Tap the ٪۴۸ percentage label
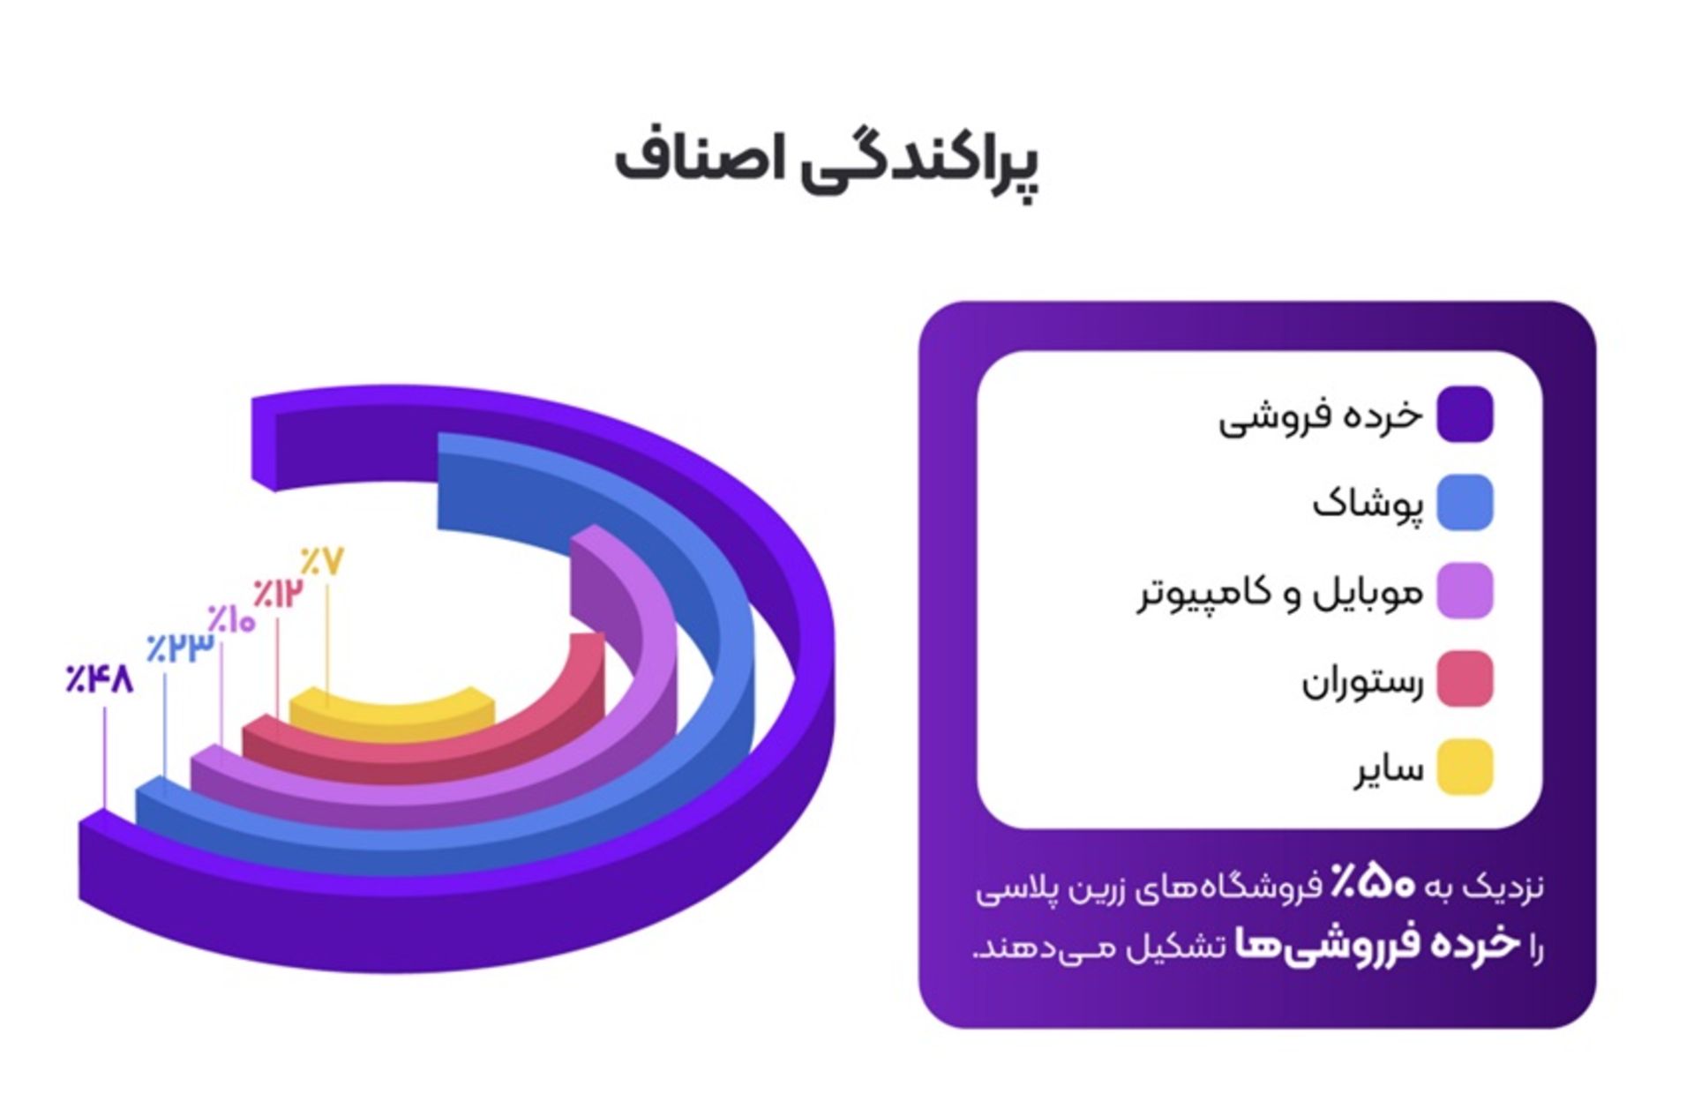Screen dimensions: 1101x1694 [x=100, y=679]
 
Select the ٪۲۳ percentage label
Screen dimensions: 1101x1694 [x=181, y=648]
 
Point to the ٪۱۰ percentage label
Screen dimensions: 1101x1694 [x=231, y=619]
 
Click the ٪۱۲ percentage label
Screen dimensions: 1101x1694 [x=277, y=592]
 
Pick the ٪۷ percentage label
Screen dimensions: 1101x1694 [x=322, y=562]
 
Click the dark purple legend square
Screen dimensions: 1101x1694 [x=1465, y=414]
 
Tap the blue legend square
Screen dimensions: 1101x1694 [x=1465, y=503]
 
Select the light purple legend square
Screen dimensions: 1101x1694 [x=1465, y=591]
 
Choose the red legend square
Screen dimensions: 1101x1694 [x=1465, y=679]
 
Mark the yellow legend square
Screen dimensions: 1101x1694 [x=1465, y=768]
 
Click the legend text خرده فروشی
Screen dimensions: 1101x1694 [x=1321, y=416]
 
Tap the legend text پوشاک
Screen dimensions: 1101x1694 [x=1368, y=506]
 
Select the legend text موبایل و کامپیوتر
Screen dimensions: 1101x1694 [x=1279, y=594]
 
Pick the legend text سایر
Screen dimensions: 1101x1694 [x=1390, y=770]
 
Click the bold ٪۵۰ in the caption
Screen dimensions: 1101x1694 [x=1373, y=885]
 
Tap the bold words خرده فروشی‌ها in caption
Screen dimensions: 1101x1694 [x=1376, y=944]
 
